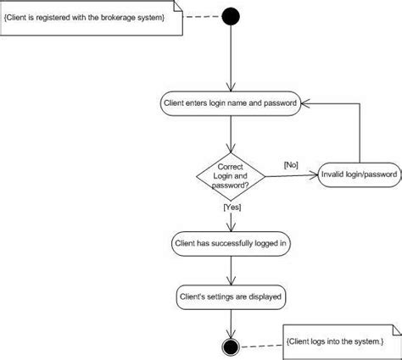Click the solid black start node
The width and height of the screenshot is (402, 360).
click(x=231, y=16)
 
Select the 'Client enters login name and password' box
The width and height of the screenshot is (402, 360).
click(x=231, y=104)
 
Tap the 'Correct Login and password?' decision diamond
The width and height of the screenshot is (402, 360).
click(x=231, y=176)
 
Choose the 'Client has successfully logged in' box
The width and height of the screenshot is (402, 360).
click(x=231, y=244)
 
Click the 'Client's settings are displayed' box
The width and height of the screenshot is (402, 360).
click(x=231, y=297)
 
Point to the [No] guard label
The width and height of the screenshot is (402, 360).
click(x=288, y=164)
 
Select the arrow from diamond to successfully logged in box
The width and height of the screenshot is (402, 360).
click(x=231, y=216)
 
